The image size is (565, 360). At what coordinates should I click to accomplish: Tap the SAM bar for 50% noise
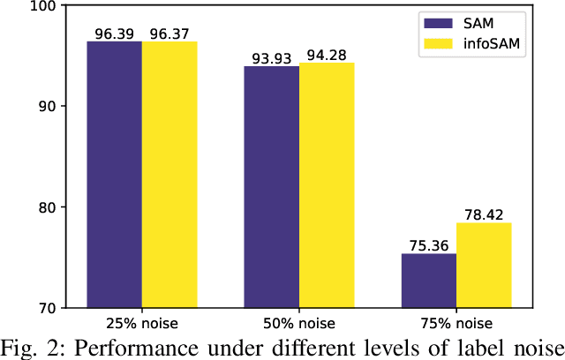click(x=272, y=187)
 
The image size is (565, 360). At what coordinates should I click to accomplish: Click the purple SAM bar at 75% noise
click(x=429, y=281)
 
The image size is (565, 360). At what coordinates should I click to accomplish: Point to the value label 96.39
click(x=114, y=34)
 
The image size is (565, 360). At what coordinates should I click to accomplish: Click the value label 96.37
click(x=169, y=34)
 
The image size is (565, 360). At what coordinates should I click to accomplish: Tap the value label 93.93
click(x=272, y=58)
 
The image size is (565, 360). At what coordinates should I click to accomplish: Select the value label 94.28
click(x=328, y=55)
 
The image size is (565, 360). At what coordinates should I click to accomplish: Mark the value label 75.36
click(x=429, y=246)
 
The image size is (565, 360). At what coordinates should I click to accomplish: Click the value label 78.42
click(x=485, y=215)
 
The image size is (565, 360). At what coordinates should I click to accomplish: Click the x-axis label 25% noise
click(x=141, y=323)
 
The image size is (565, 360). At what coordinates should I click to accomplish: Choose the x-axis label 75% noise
click(x=456, y=323)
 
